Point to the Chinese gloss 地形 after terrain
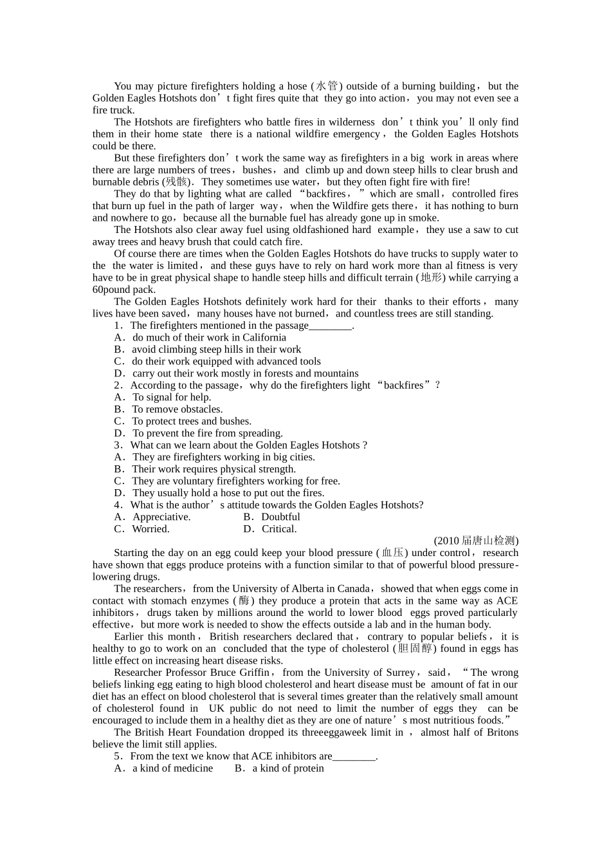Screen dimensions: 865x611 pos(432,278)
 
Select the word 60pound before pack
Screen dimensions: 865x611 pos(111,290)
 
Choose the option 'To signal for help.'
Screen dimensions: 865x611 pos(171,398)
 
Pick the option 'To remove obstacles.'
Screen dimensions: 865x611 pos(177,409)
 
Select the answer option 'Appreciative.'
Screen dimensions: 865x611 pos(161,517)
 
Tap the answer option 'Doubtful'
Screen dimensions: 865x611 pos(280,517)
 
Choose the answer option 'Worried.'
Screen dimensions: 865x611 pos(150,529)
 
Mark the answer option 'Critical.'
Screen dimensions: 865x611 pos(279,529)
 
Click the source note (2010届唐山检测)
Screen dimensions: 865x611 pos(476,541)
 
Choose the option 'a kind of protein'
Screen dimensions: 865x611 pos(287,768)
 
